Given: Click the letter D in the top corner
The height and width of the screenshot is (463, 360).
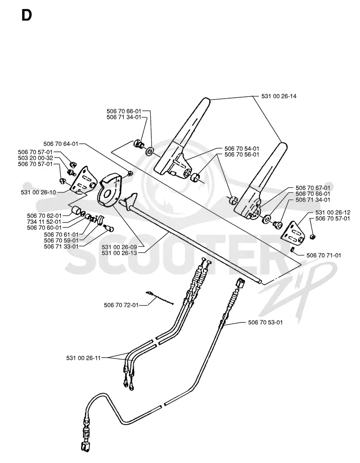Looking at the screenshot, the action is pos(27,15).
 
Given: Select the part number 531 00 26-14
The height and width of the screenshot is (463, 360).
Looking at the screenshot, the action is pos(279,96).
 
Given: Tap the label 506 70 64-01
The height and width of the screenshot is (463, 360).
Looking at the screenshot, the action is pos(61,144).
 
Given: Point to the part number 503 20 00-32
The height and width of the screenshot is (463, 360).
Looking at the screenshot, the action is pos(36,158).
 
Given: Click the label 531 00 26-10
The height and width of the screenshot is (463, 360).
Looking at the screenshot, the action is pos(38,192).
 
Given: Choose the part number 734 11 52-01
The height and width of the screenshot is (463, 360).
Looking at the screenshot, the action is pos(44,222).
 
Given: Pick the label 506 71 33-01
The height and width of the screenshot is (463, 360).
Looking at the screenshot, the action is pos(61,246).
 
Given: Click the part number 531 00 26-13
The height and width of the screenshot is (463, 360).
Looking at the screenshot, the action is pos(119,253).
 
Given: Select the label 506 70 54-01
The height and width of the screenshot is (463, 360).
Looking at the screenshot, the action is pos(242,149).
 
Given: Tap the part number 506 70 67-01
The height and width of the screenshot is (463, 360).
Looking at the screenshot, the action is pos(313,188).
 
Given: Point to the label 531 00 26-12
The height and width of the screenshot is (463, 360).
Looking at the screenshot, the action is pos(333,213).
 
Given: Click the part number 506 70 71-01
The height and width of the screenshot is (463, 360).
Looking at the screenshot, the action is pos(324,255).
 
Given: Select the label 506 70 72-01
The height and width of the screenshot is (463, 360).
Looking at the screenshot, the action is pos(121,305).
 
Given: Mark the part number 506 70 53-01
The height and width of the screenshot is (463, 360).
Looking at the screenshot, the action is pos(265,322).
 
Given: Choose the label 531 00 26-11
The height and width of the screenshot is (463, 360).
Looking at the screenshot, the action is pos(84,358).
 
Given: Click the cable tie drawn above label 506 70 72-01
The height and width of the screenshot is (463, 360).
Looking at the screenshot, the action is pos(160,298).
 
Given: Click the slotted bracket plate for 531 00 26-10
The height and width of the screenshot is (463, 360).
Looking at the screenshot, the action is pos(83,180).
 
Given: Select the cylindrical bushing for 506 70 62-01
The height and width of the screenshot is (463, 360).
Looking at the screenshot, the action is pos(76,211).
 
